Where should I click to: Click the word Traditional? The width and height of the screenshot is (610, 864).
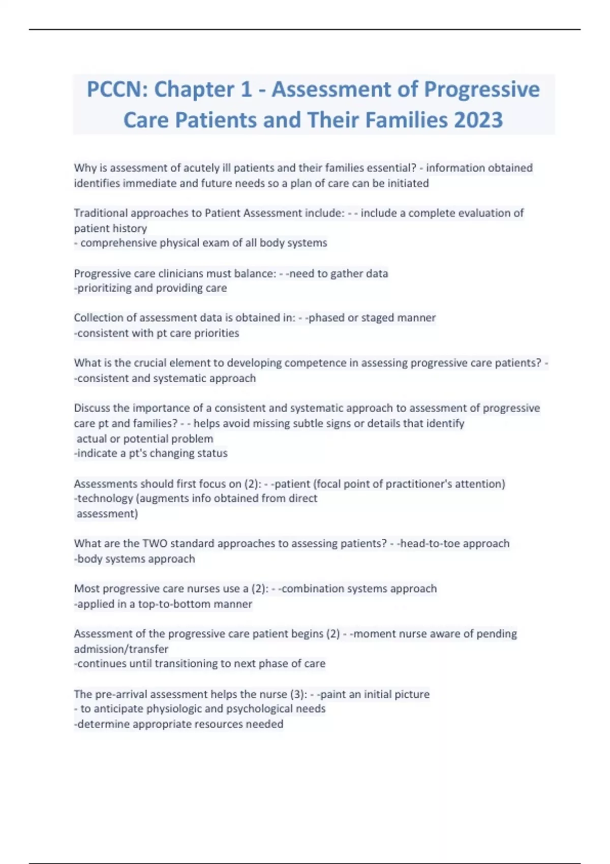click(x=100, y=213)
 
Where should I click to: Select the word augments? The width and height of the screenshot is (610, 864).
click(x=164, y=499)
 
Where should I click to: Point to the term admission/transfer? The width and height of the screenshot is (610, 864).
click(x=121, y=649)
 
